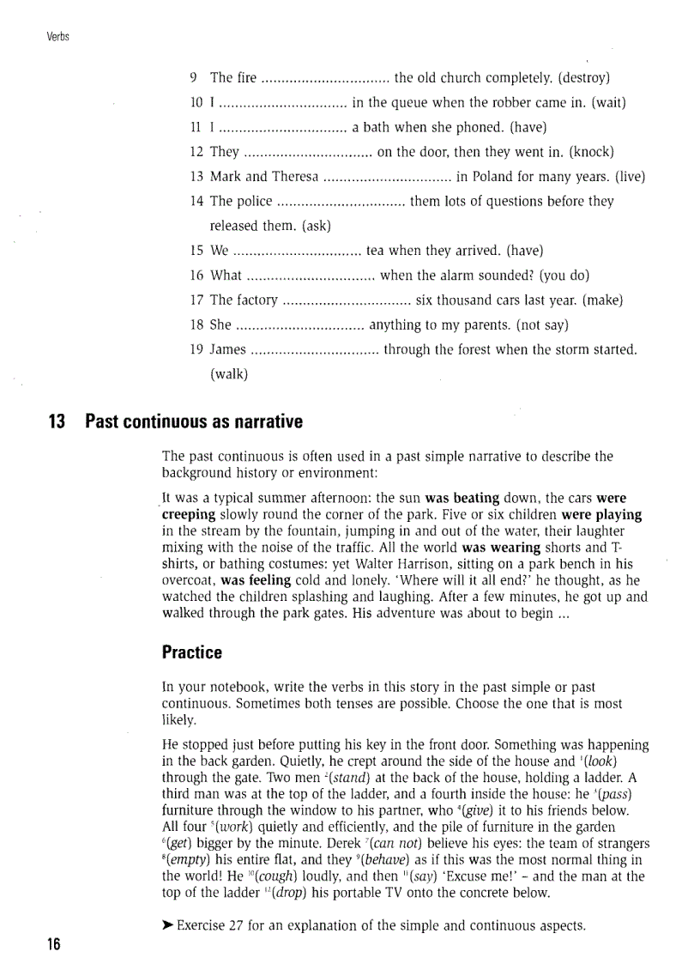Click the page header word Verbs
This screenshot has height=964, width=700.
58,36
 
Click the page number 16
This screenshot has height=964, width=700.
54,944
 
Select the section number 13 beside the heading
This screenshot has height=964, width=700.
57,422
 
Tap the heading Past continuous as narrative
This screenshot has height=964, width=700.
194,422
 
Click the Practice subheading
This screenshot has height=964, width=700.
191,652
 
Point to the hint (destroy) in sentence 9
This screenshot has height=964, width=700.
583,78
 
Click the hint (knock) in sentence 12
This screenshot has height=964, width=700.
592,152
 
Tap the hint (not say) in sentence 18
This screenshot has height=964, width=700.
538,324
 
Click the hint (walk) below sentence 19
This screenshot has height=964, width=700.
228,373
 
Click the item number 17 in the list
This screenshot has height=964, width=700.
196,300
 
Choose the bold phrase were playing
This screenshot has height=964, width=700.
601,515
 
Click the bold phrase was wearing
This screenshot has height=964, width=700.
501,547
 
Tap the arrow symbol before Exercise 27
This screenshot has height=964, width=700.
168,926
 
